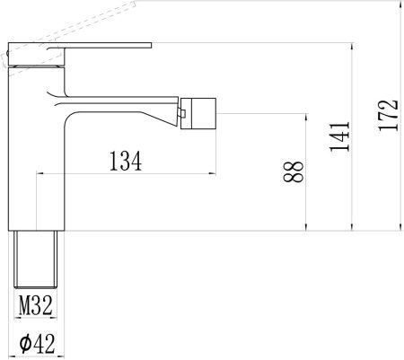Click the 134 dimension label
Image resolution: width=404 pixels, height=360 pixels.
pyautogui.click(x=126, y=162)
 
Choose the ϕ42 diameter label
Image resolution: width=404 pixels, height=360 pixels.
pyautogui.click(x=35, y=343)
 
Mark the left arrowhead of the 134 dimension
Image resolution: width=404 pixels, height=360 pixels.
pyautogui.click(x=39, y=174)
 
